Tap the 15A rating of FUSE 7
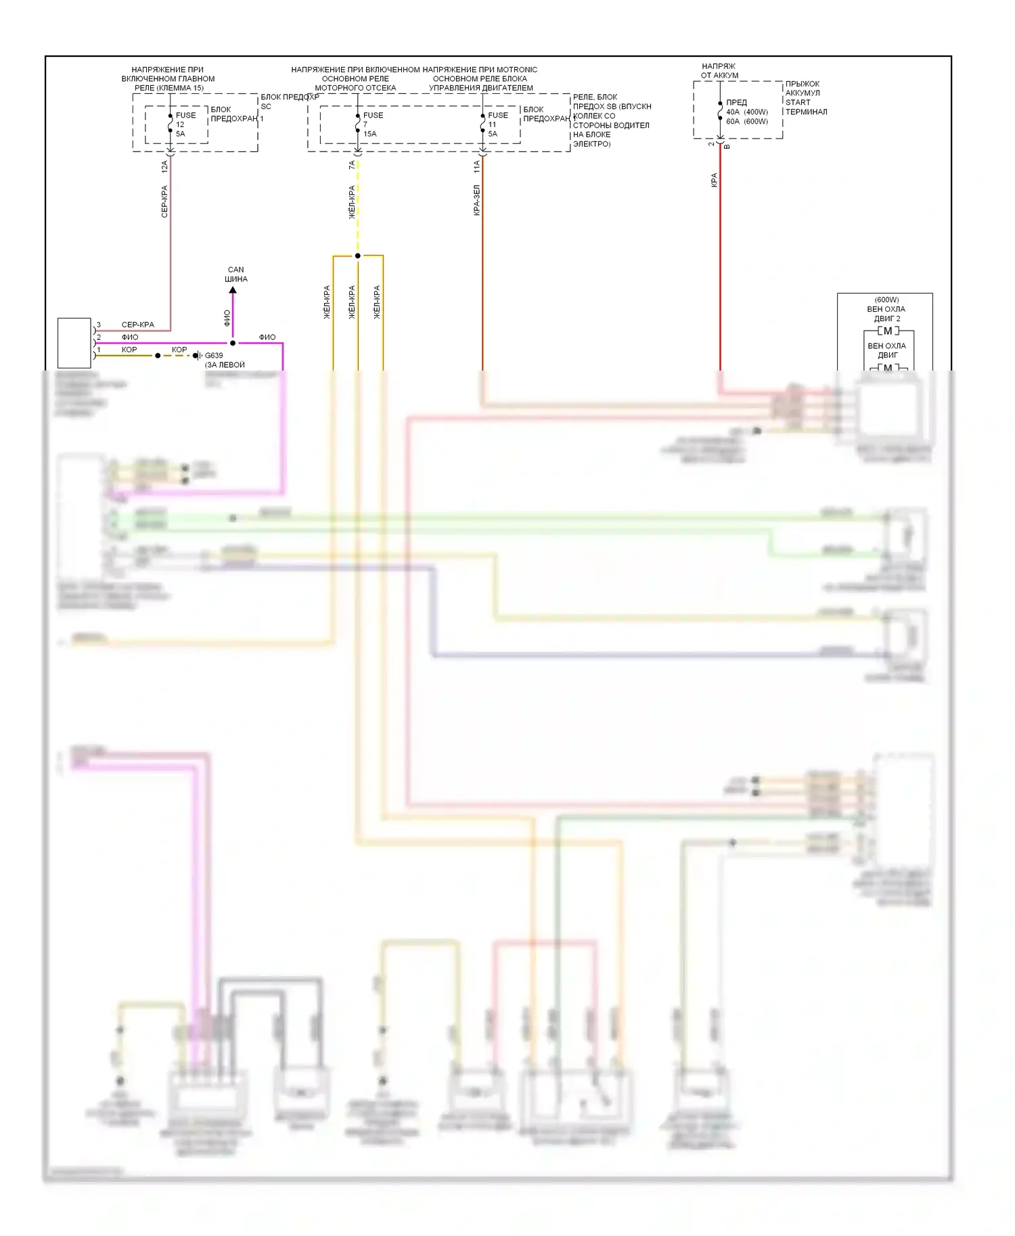tap(369, 134)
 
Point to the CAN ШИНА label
tap(235, 274)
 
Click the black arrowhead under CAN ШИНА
tap(233, 290)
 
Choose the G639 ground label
tap(214, 355)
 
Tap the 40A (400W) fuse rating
tap(747, 112)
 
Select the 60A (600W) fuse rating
tap(747, 122)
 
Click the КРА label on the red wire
tap(714, 180)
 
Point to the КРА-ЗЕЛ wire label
tap(476, 200)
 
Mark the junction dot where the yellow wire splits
tap(358, 256)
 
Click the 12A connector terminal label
tap(164, 166)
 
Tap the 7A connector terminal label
tap(352, 165)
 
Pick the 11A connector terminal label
tap(476, 166)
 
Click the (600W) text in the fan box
tap(886, 300)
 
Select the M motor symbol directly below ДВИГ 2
tap(888, 331)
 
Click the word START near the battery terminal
tap(798, 103)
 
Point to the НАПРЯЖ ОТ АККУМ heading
tap(719, 71)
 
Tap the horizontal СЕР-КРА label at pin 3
tap(137, 325)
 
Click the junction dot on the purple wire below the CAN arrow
tap(233, 343)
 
